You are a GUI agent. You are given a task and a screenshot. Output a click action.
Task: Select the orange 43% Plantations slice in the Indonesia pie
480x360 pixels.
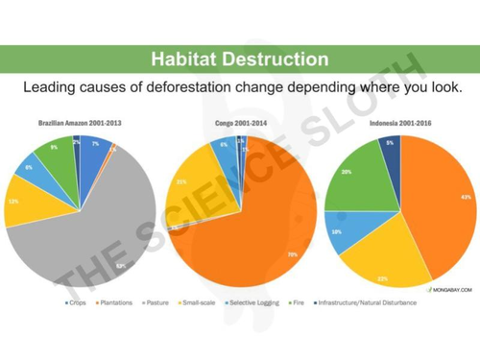click(442, 202)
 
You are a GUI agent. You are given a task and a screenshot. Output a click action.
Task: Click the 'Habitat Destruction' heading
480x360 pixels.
click(239, 60)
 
